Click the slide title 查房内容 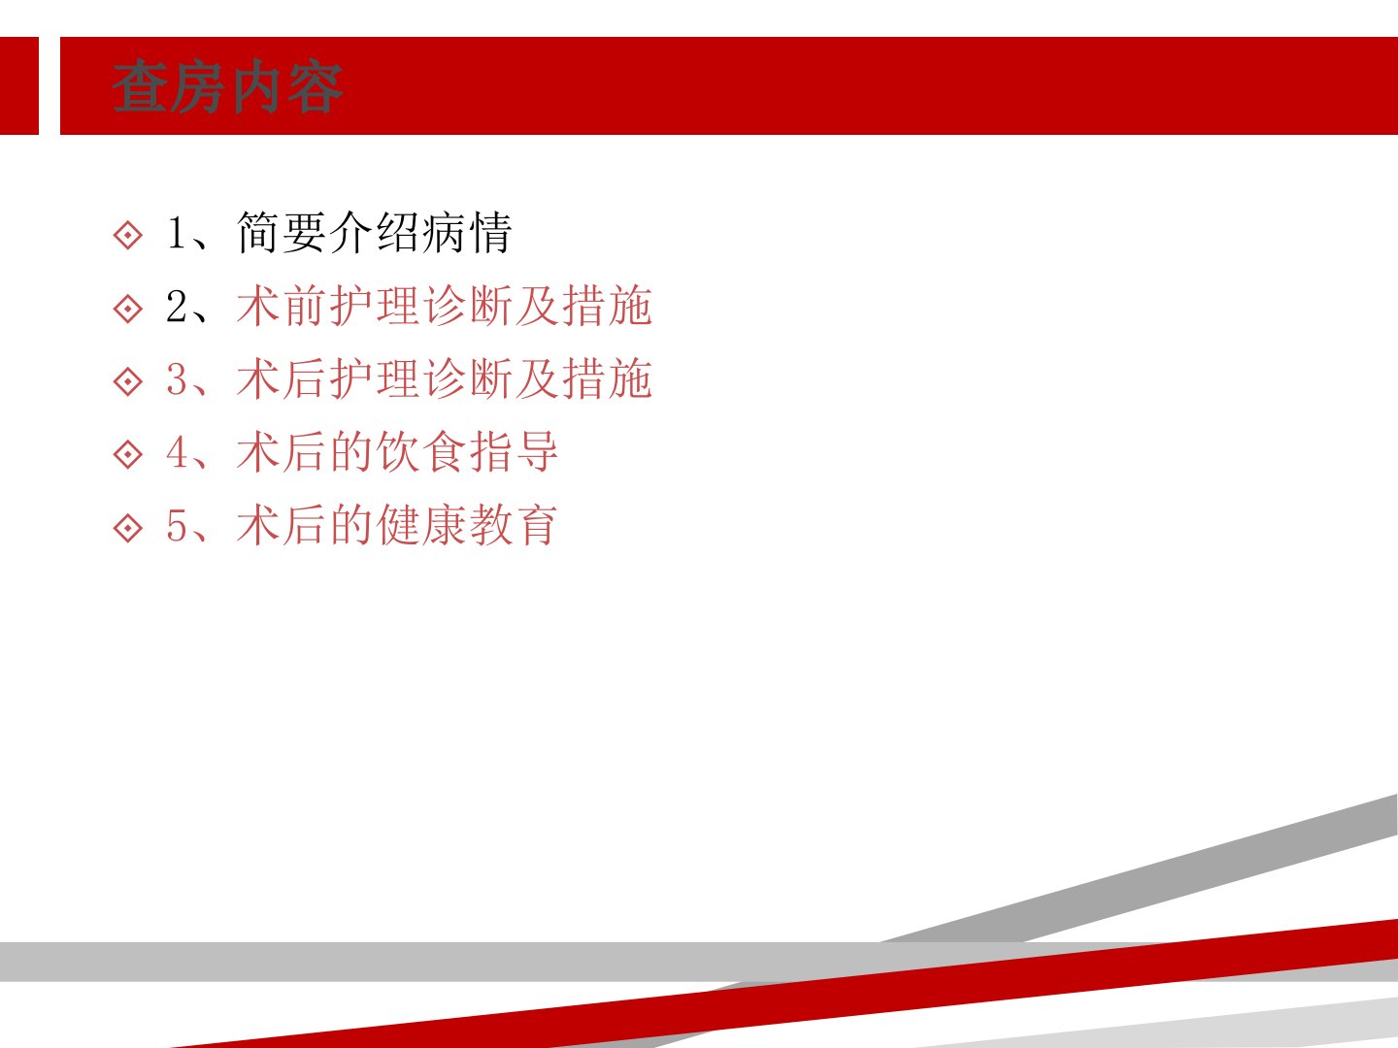click(227, 86)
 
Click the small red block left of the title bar click(19, 86)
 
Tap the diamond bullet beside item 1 click(128, 236)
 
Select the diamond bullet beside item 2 click(128, 309)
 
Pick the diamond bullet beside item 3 click(128, 381)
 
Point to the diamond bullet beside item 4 click(128, 455)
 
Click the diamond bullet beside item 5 click(128, 528)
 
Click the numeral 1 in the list click(176, 232)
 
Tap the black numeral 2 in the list click(177, 306)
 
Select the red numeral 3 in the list click(177, 379)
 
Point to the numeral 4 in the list click(177, 452)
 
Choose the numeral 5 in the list click(177, 526)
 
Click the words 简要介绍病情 click(375, 233)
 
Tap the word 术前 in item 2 click(282, 306)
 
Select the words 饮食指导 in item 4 click(468, 452)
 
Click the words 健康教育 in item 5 click(468, 526)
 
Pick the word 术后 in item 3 click(282, 379)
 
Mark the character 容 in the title click(316, 87)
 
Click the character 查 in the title click(140, 86)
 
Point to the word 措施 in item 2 click(608, 306)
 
